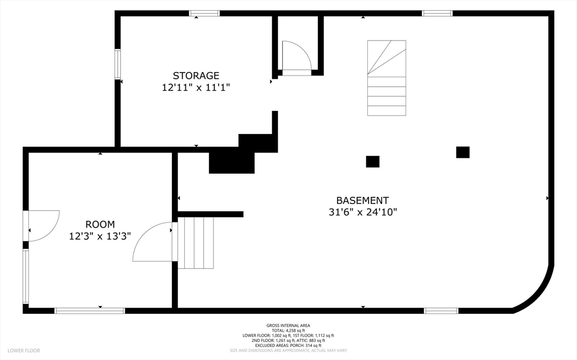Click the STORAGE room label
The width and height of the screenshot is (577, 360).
196,75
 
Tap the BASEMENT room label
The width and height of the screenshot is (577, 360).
362,200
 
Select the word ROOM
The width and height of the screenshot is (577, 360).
100,224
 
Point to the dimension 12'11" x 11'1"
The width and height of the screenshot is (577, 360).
196,88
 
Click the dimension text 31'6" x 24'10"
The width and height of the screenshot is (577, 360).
363,212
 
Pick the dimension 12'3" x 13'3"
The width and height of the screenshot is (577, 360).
100,236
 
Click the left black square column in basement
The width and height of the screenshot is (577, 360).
372,162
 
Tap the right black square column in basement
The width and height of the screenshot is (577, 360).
463,152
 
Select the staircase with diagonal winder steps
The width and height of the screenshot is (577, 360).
387,78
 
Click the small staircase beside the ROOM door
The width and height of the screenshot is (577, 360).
196,243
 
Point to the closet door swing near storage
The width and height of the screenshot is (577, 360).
296,55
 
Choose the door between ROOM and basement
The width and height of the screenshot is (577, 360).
153,242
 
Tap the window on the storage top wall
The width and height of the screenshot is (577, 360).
204,14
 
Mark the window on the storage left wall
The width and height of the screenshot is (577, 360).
118,64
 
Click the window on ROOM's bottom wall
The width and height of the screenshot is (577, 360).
90,310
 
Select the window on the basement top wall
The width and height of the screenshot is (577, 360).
437,14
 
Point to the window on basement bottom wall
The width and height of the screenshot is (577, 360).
441,310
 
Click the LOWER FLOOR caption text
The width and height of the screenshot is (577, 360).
24,350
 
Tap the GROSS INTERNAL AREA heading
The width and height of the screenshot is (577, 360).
288,326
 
